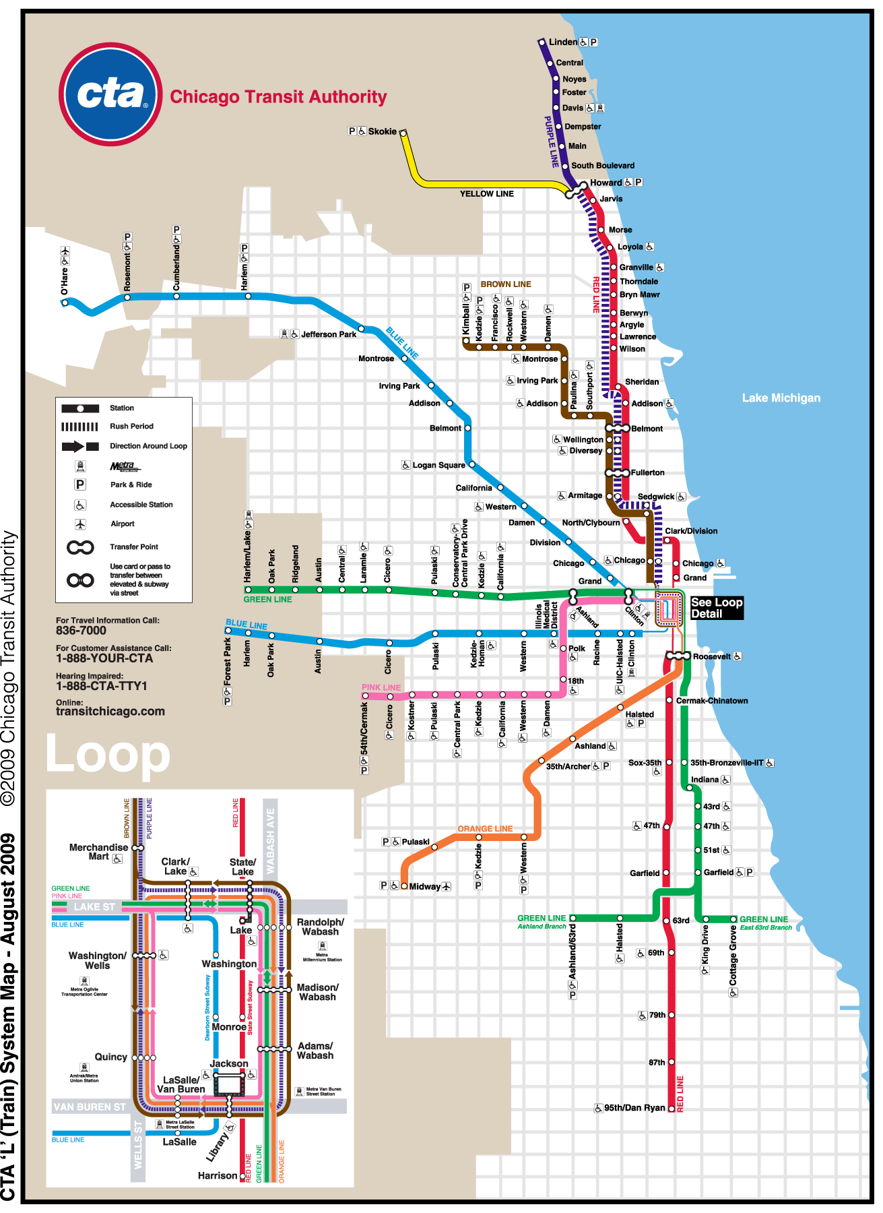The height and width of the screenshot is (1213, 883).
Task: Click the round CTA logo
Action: tap(110, 94)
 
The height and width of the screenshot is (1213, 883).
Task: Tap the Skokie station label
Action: tap(382, 131)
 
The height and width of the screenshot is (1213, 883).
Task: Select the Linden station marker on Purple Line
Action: tap(542, 42)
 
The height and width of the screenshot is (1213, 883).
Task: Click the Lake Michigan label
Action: tap(781, 398)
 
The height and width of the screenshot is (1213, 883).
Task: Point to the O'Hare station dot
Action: tap(65, 303)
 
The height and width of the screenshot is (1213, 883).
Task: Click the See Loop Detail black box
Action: tap(716, 608)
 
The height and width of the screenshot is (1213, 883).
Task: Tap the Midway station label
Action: tap(424, 887)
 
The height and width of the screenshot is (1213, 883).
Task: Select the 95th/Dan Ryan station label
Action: tap(634, 1108)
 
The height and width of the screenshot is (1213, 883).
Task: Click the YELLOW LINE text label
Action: tap(486, 194)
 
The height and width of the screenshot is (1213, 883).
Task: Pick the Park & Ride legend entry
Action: tap(131, 485)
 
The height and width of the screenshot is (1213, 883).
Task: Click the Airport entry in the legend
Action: tap(122, 524)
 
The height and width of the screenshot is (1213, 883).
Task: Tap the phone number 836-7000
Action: tap(81, 631)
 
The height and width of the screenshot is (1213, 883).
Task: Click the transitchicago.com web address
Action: tap(110, 712)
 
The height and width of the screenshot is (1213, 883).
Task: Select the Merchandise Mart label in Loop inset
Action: tap(98, 852)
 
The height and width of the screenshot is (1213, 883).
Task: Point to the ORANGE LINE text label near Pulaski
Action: tap(485, 829)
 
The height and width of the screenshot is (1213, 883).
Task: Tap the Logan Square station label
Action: tap(438, 465)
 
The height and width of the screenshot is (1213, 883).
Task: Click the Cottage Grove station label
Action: tap(733, 955)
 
